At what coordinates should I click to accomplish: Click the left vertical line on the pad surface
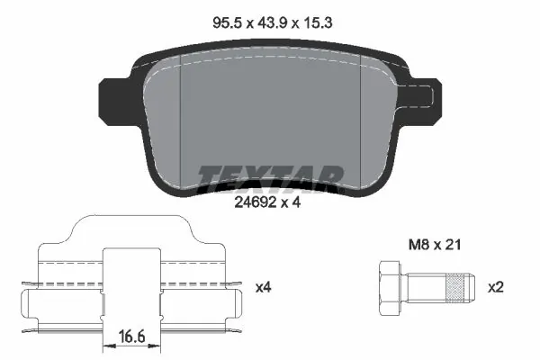click(182, 117)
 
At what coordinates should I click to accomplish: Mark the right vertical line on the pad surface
click(360, 117)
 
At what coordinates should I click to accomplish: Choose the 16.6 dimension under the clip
click(131, 337)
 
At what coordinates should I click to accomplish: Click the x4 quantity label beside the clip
click(263, 288)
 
